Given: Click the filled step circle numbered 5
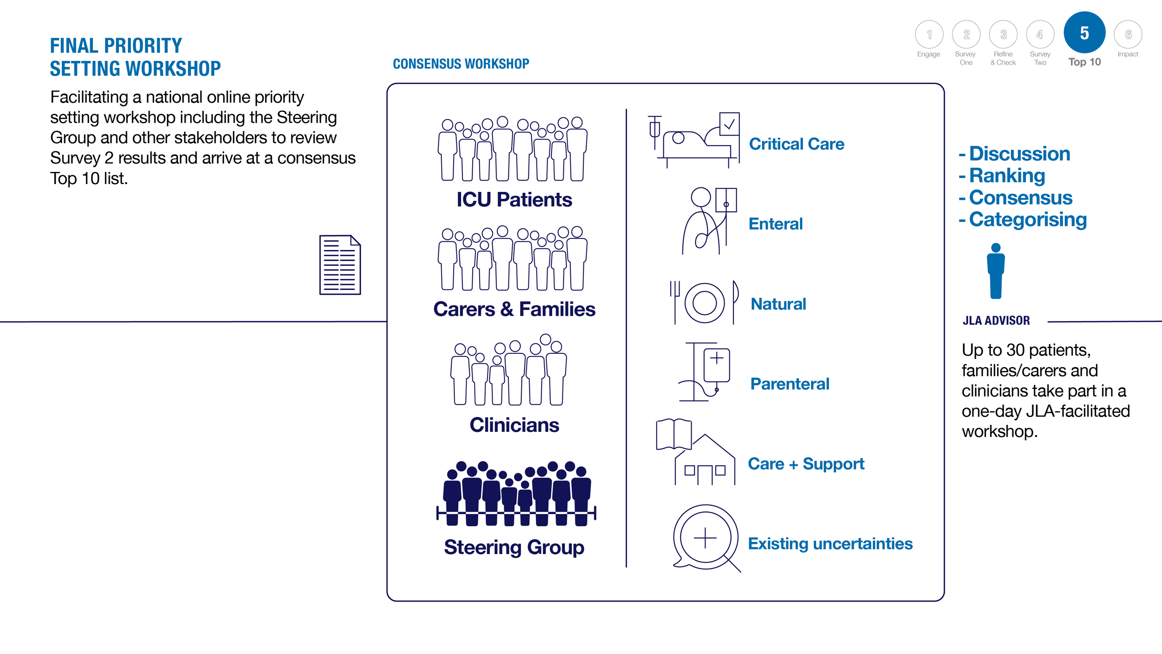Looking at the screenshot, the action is pos(1084,33).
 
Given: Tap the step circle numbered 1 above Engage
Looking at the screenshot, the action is pos(929,34).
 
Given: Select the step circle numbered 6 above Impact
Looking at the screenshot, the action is pos(1128,34).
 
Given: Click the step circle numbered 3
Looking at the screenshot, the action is pos(1003,34).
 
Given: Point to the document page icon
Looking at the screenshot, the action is pos(340,265).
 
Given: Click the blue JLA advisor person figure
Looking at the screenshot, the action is pos(996,271).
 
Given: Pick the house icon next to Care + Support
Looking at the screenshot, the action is pos(696,452).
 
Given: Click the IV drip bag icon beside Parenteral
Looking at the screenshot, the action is pos(704,372).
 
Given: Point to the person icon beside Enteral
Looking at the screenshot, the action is pos(709,221).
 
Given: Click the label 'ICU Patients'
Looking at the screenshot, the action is pos(514,199).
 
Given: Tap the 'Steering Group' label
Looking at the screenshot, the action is pos(514,547).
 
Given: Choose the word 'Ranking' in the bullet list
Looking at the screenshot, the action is pos(1007,176).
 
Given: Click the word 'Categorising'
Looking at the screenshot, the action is pos(1028,219).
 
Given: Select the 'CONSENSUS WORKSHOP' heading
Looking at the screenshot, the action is pos(461,64).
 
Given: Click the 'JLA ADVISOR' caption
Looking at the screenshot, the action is pos(996,320).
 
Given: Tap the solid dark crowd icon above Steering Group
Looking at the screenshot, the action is pos(516,494).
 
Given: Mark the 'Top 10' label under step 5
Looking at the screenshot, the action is pos(1084,62).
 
